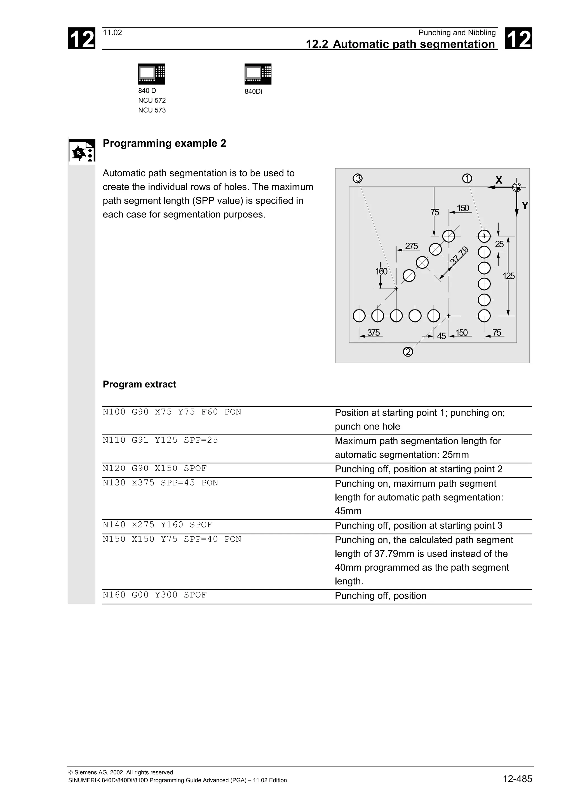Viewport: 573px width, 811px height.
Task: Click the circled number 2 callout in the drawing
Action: point(408,352)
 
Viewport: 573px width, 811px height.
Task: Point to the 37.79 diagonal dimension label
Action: point(459,256)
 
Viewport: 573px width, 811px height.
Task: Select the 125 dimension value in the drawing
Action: point(508,276)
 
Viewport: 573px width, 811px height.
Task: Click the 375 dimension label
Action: point(373,332)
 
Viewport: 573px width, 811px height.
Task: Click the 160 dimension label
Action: point(381,271)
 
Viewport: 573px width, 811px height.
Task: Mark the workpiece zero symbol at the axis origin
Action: point(516,187)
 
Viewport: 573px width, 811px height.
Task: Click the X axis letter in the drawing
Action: point(499,180)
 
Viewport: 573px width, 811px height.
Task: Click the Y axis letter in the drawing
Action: point(525,206)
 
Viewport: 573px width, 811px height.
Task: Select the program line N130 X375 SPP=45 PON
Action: point(160,483)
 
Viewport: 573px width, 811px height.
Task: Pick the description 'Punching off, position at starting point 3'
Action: point(418,526)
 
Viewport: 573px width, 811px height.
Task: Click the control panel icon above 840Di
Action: point(258,74)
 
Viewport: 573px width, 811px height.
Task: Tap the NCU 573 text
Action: point(152,110)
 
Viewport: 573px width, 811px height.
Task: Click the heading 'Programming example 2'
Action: point(164,143)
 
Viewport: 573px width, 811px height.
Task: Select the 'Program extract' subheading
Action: point(139,384)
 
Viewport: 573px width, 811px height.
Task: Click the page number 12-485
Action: point(517,779)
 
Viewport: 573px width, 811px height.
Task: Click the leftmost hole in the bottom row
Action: point(359,316)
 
